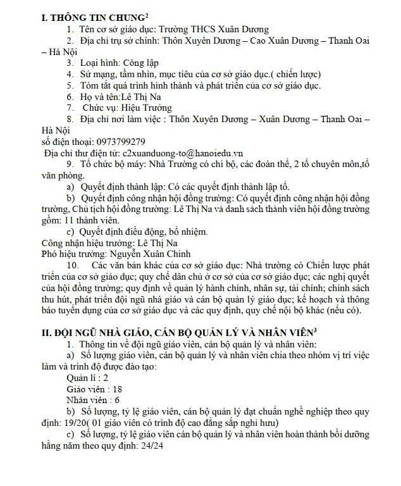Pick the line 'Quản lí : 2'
tap(87, 377)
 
